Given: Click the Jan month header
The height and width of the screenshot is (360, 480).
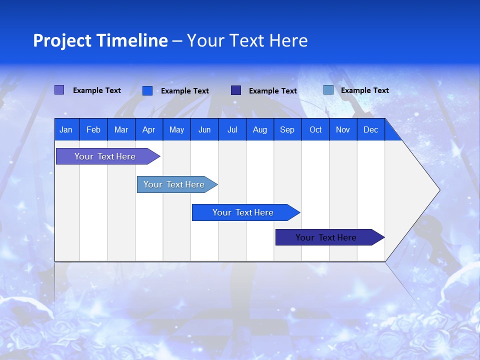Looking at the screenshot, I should (66, 129).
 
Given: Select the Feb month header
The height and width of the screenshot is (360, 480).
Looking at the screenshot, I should (93, 129).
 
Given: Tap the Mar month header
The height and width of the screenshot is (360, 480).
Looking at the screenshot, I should (121, 129).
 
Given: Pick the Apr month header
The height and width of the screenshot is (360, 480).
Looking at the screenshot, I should (149, 129).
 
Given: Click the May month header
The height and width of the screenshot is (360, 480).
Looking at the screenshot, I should (176, 129).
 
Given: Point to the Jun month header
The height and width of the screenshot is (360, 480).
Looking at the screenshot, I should (204, 129).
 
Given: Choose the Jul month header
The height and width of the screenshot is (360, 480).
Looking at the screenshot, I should (232, 129).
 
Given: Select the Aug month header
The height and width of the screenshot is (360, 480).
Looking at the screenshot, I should (260, 129).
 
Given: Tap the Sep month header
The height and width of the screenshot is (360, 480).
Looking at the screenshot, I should (287, 129).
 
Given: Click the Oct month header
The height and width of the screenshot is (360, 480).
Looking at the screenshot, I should (315, 129).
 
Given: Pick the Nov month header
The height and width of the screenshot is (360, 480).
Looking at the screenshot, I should (343, 129).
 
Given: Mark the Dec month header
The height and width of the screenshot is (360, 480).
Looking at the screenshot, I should (371, 129).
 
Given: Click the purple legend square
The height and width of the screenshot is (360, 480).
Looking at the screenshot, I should (59, 90).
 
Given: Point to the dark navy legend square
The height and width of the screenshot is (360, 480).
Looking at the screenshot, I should (236, 90).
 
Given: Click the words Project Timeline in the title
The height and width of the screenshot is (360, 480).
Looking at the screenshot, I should (100, 40).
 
